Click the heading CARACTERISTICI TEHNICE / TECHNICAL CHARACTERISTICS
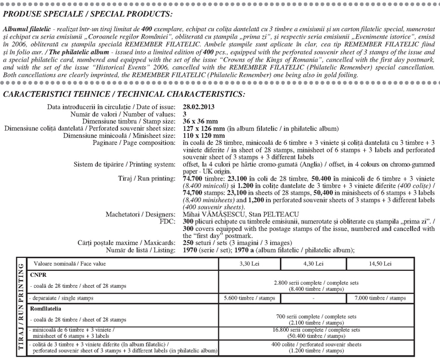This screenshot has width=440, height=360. tap(124, 94)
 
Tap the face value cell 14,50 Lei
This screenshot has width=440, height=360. tap(380, 264)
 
